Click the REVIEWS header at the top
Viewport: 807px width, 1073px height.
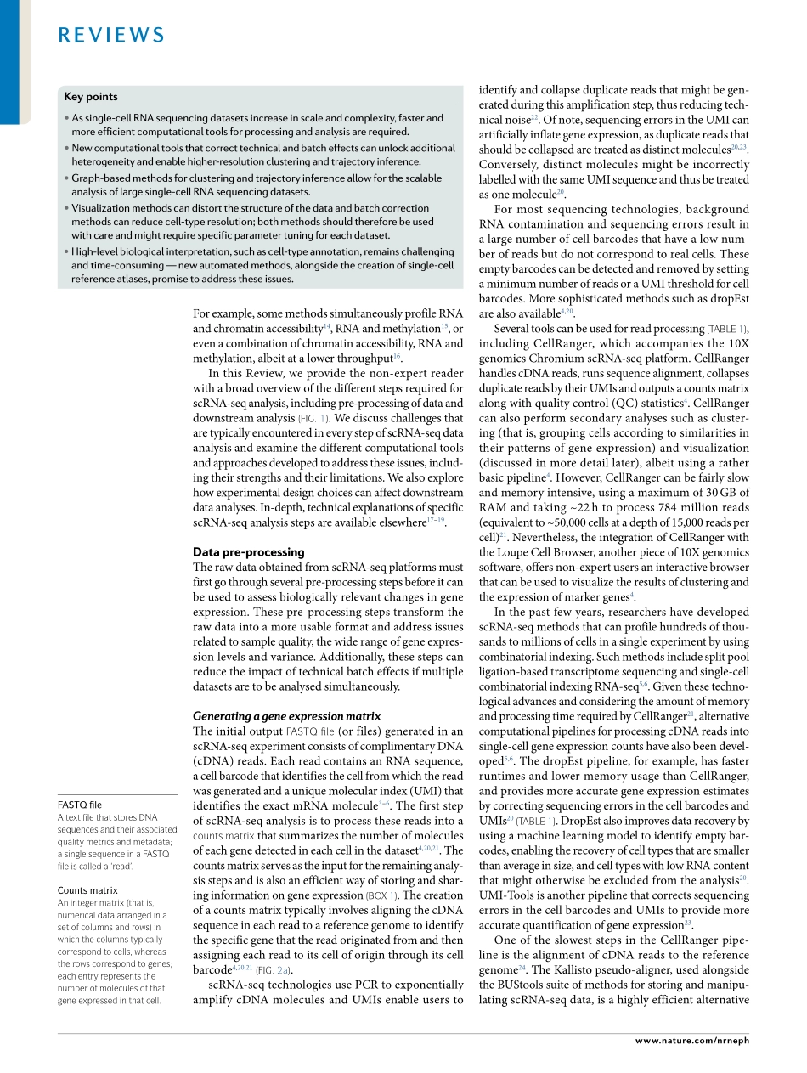click(x=111, y=35)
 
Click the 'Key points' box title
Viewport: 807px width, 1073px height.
click(x=91, y=97)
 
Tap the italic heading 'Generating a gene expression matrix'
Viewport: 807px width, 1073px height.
click(x=286, y=716)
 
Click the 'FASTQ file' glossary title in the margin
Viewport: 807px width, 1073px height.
click(x=79, y=805)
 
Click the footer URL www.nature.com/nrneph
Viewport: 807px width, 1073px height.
click(x=692, y=1040)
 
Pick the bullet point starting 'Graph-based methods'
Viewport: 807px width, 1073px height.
click(x=257, y=184)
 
